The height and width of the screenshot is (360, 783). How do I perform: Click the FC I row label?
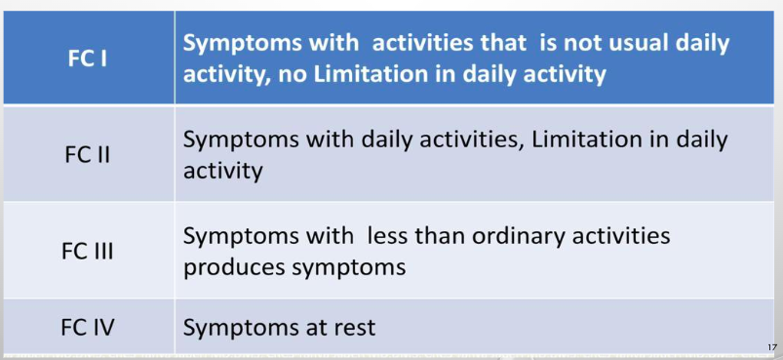click(x=88, y=57)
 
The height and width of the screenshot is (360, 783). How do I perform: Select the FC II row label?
click(x=88, y=154)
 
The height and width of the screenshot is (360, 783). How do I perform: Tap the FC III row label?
click(x=88, y=250)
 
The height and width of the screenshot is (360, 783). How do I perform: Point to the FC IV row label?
click(x=88, y=327)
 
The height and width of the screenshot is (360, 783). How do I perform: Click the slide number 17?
click(x=771, y=347)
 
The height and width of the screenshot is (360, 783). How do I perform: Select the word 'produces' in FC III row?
click(x=229, y=265)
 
